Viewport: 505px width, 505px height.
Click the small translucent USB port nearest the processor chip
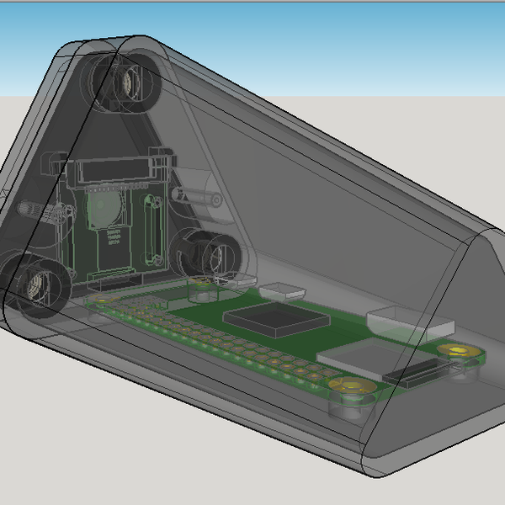282,291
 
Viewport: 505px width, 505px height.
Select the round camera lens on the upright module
103,208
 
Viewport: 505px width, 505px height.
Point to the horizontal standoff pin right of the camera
200,197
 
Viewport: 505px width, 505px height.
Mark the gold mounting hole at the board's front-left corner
102,298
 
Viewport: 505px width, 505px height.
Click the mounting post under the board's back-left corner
202,294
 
